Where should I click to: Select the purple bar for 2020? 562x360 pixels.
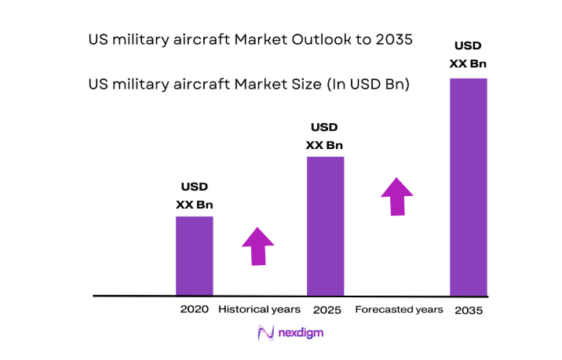(194, 256)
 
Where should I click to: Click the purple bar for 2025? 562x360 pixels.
(325, 226)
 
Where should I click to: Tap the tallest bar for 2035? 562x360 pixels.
(469, 187)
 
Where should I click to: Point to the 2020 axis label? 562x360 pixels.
(194, 310)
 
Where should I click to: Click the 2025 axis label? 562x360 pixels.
(327, 311)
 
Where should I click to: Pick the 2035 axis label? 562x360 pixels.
(468, 311)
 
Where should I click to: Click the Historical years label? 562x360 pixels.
(259, 310)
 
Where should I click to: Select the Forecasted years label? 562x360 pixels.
(399, 310)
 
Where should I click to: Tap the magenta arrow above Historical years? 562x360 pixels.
(258, 245)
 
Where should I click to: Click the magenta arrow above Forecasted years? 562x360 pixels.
(397, 195)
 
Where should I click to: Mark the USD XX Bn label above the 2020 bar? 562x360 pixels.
(194, 196)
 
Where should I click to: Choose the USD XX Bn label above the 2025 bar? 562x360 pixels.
(324, 136)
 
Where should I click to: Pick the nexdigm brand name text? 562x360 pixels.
(301, 333)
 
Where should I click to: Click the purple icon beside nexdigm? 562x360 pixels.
(265, 333)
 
